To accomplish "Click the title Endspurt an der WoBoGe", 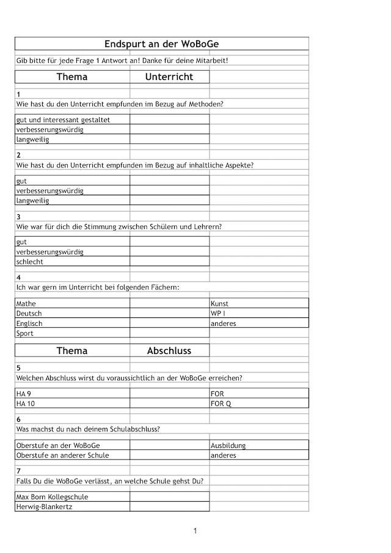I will tap(161, 44).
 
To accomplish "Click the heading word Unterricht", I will tap(169, 77).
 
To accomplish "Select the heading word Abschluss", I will tap(169, 350).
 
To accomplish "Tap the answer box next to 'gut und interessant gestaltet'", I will tap(169, 120).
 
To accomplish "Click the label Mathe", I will tap(26, 303).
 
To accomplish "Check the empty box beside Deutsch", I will tap(169, 313).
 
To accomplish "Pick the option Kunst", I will tap(219, 303).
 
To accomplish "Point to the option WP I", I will tap(218, 313).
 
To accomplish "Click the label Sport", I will tap(25, 333).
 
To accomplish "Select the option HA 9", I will tap(24, 394).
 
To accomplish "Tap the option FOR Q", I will tap(221, 403).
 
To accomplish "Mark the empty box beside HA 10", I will tap(169, 403).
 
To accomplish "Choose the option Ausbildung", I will tap(228, 446).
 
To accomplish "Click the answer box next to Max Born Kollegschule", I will tap(169, 497).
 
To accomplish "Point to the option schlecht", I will tap(30, 262).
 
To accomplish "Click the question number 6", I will tap(19, 419).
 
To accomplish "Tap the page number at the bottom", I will tap(195, 530).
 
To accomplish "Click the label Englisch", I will tap(29, 323).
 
